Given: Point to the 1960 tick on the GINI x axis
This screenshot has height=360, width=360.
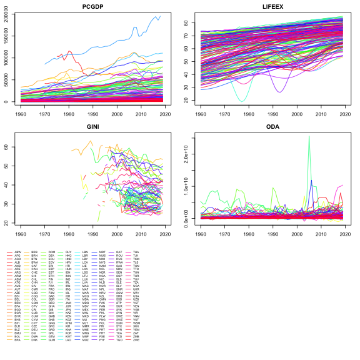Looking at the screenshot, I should [21, 234].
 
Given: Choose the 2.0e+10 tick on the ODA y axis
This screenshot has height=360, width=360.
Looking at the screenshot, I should [190, 154].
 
